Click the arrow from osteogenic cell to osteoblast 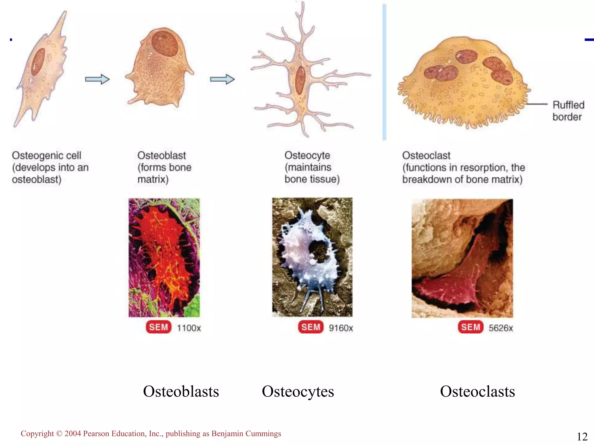tap(97, 79)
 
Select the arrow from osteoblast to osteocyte tap(222, 79)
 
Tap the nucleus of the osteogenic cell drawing tap(38, 62)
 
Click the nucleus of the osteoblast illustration tap(164, 44)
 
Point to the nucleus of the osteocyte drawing tap(300, 80)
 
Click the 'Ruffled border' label tap(568, 111)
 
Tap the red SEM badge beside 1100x tap(158, 327)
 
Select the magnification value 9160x tap(341, 328)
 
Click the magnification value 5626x tap(501, 328)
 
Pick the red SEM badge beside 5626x tap(470, 327)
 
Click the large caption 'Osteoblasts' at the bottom tap(181, 391)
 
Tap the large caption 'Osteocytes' tap(298, 392)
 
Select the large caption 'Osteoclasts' tap(477, 391)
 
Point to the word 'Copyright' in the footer tap(37, 434)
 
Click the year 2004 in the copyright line tap(73, 434)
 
